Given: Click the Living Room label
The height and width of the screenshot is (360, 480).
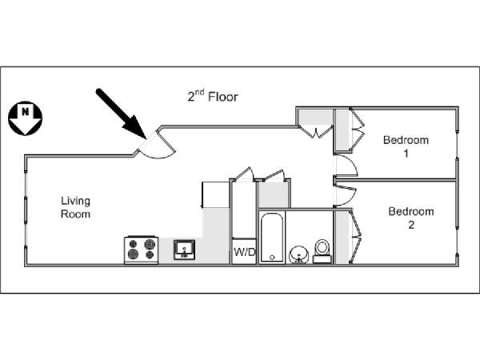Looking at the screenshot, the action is pyautogui.click(x=76, y=207).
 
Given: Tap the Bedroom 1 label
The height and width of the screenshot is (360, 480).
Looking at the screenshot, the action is pyautogui.click(x=406, y=146).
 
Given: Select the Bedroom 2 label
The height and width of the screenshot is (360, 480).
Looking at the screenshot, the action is pyautogui.click(x=411, y=218).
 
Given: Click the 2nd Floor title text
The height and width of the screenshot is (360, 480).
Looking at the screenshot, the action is pyautogui.click(x=213, y=96).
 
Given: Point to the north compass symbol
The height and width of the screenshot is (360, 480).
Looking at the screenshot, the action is pyautogui.click(x=25, y=118).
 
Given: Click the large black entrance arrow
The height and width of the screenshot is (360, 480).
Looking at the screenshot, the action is pyautogui.click(x=121, y=114).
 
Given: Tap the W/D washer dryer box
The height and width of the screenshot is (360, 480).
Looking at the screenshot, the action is pyautogui.click(x=244, y=252).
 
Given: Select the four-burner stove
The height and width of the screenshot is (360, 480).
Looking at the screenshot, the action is pyautogui.click(x=141, y=250).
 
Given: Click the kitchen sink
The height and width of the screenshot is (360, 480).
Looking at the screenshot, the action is pyautogui.click(x=184, y=250).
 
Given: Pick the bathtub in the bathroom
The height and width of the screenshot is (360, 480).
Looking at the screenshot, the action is pyautogui.click(x=272, y=238).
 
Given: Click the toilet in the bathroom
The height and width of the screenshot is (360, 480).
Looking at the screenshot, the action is pyautogui.click(x=322, y=251).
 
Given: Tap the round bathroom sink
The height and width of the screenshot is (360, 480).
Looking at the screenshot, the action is pyautogui.click(x=298, y=254).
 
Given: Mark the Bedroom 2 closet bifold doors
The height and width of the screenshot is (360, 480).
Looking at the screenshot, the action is pyautogui.click(x=357, y=236).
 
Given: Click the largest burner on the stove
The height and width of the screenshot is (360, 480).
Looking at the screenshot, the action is pyautogui.click(x=150, y=244).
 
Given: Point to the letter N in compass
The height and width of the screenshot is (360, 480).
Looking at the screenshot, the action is pyautogui.click(x=25, y=111).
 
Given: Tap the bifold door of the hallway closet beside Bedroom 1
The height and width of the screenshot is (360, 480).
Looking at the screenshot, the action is pyautogui.click(x=316, y=132).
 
